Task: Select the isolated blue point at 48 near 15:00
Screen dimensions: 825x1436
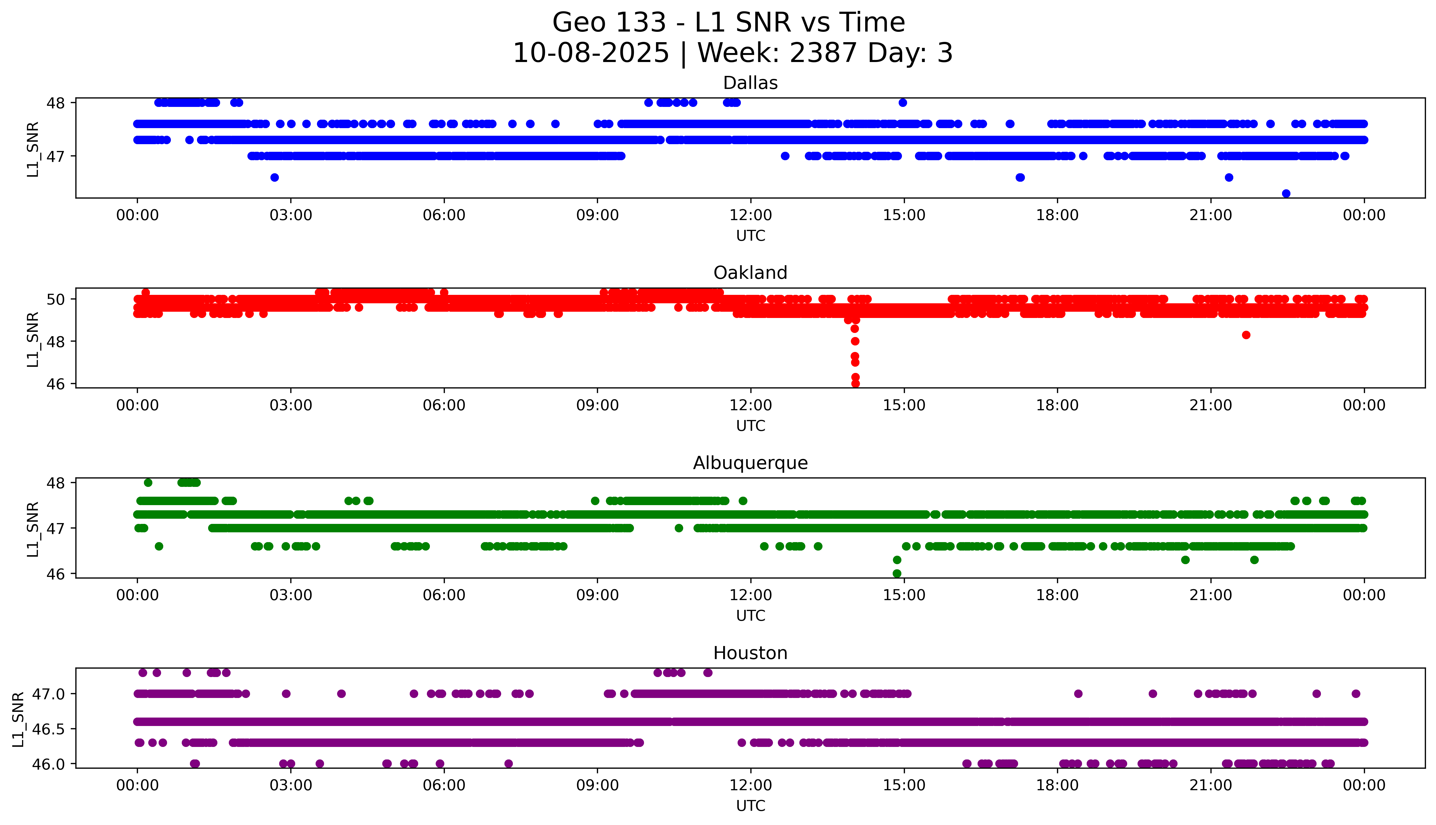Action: (903, 103)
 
